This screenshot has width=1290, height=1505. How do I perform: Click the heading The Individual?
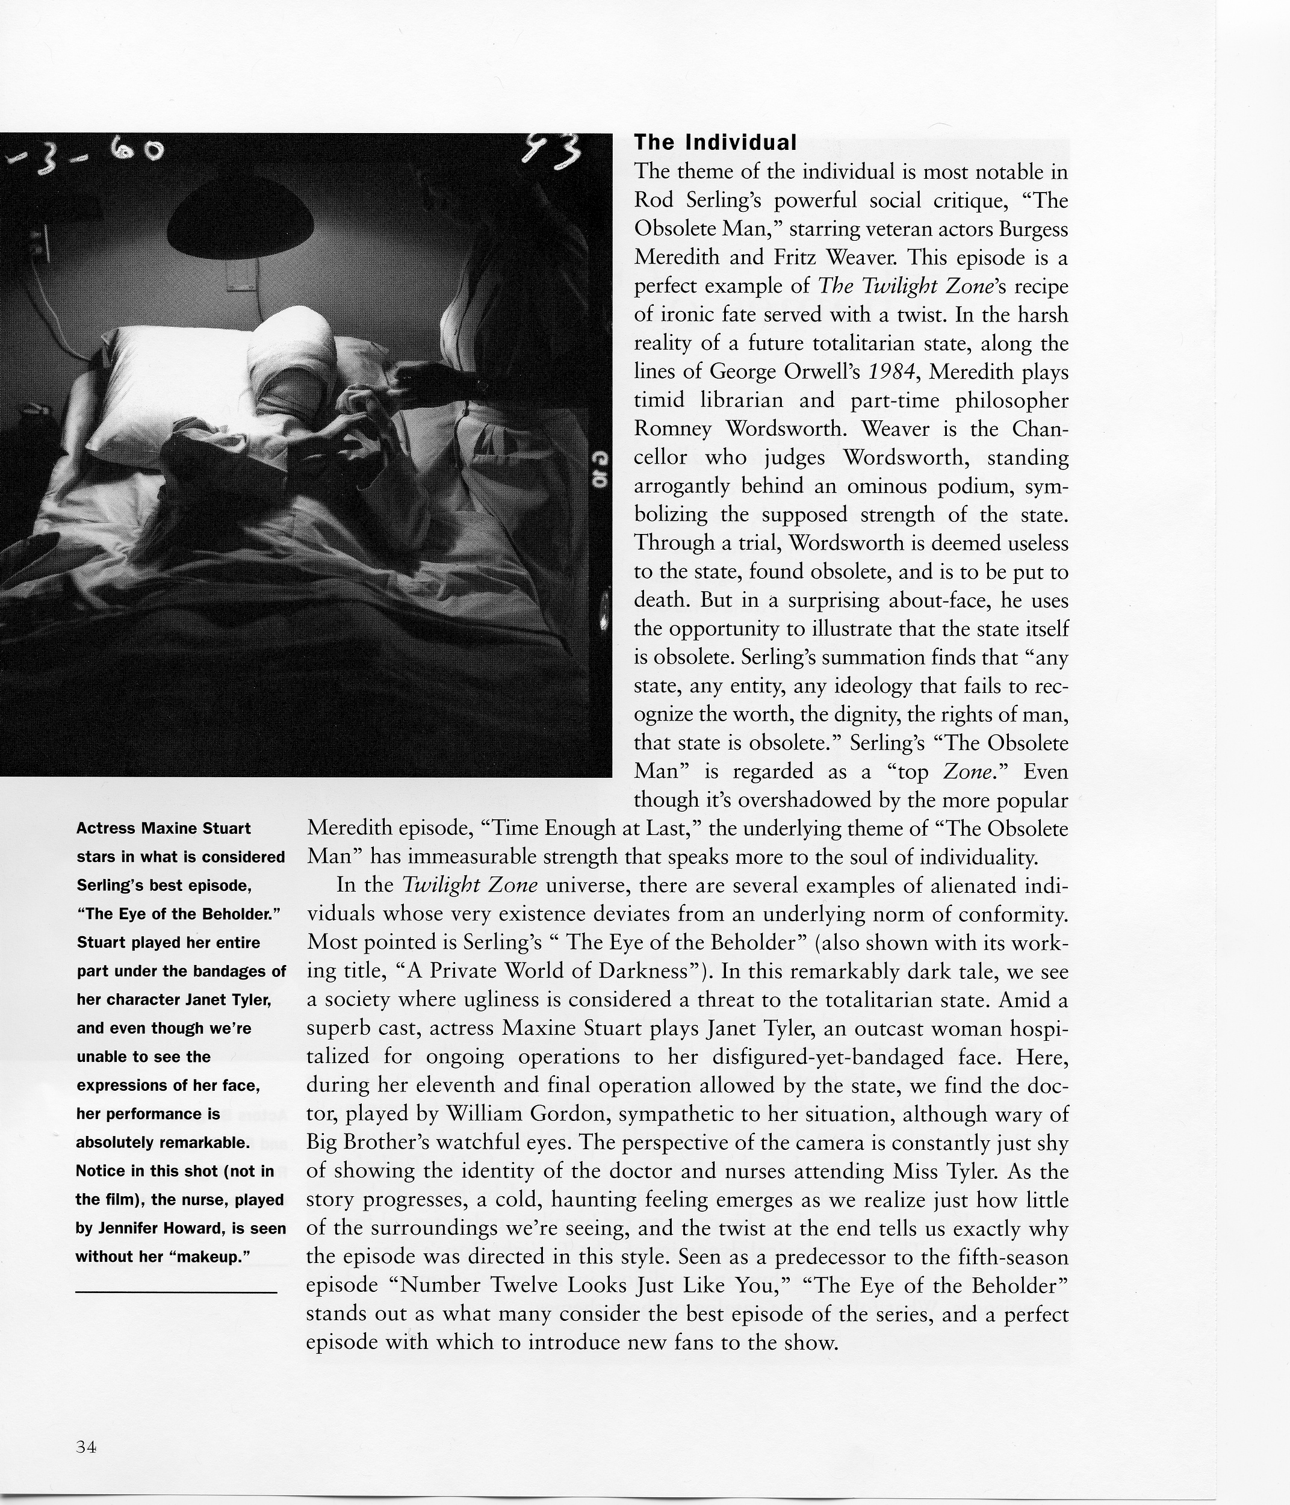[716, 142]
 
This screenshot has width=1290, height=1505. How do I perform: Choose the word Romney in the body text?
[672, 429]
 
